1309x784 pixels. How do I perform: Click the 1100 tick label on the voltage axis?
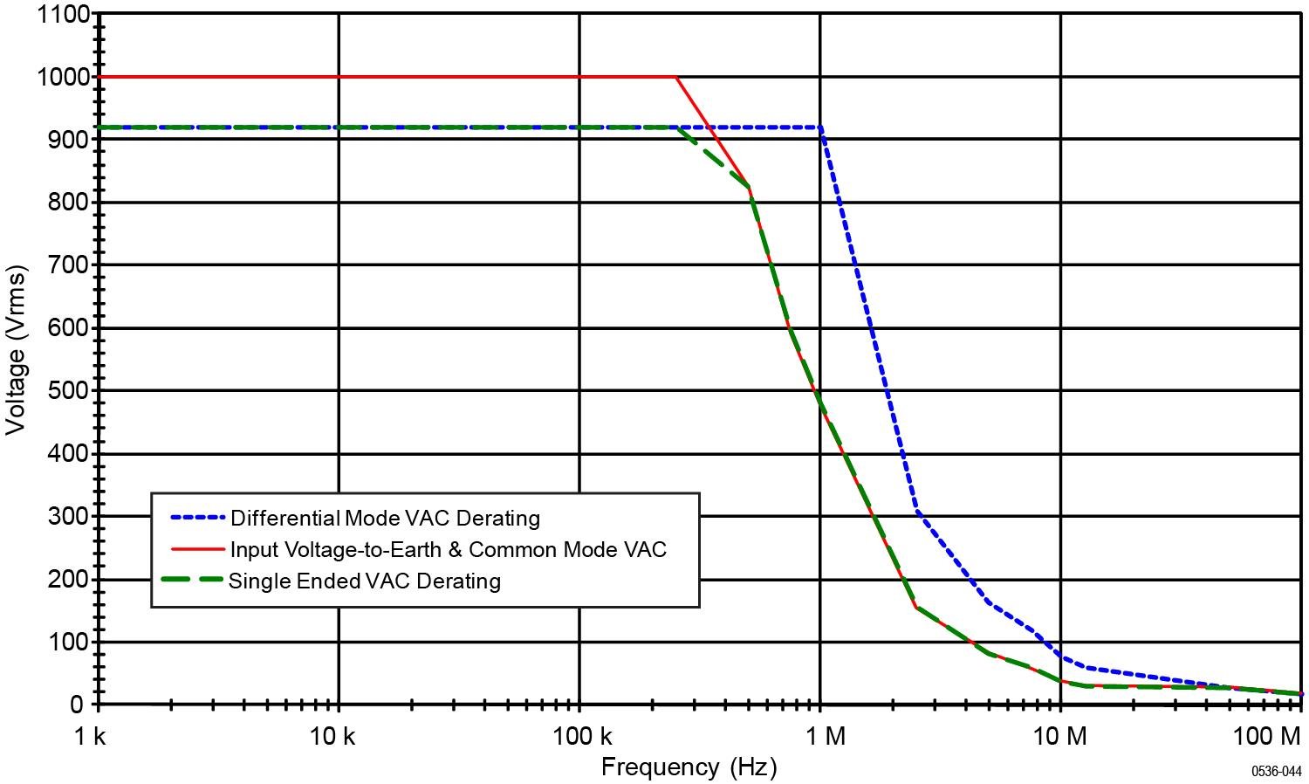click(x=64, y=14)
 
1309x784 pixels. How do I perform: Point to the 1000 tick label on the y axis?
click(x=64, y=77)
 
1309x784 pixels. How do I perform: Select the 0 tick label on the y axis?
click(x=78, y=705)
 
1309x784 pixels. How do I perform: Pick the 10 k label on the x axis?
click(x=332, y=737)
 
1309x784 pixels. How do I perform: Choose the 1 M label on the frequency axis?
click(x=824, y=737)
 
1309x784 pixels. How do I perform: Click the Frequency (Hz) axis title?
click(x=689, y=767)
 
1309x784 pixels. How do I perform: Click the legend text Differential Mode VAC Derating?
click(x=385, y=519)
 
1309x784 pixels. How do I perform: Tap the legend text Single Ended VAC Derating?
click(x=365, y=581)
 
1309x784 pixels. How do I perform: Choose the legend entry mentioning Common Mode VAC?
click(x=448, y=550)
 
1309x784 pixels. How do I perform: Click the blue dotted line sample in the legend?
click(x=197, y=518)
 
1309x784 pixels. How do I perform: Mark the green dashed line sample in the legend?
click(x=192, y=580)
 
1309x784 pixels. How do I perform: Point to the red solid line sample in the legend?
click(x=197, y=549)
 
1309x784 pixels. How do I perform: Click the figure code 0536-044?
click(x=1276, y=772)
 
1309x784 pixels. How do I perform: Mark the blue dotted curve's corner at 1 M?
click(x=821, y=127)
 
